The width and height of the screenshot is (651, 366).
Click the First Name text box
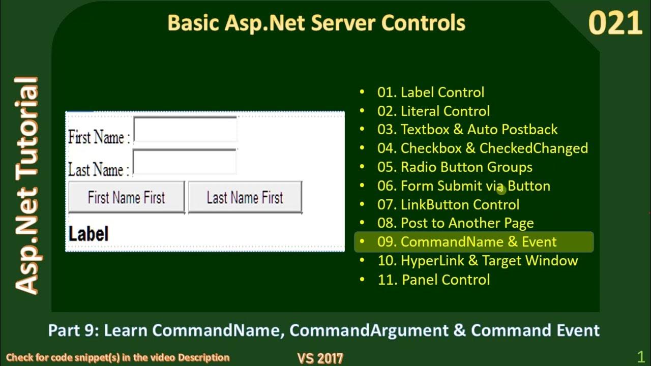click(185, 130)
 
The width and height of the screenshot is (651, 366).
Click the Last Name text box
click(185, 162)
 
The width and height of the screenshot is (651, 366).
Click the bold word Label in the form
click(88, 234)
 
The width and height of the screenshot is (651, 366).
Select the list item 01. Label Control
click(430, 93)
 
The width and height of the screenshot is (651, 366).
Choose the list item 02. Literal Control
click(433, 111)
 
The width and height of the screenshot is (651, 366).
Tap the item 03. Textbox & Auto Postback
click(467, 130)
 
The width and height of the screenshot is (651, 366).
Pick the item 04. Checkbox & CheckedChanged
click(482, 148)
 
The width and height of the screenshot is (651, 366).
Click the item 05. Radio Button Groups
click(455, 167)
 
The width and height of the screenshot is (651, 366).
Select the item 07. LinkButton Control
click(448, 205)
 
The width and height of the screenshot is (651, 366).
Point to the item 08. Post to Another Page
click(455, 223)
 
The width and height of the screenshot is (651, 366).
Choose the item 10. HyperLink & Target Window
click(477, 261)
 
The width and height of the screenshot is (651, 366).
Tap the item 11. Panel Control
click(433, 280)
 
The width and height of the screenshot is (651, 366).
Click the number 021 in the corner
click(615, 24)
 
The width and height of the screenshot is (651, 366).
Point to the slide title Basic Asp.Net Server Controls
click(316, 23)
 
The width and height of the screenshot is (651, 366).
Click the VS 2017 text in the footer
click(320, 358)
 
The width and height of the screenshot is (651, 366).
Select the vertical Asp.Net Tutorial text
click(26, 186)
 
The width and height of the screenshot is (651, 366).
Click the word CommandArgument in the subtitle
click(369, 330)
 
